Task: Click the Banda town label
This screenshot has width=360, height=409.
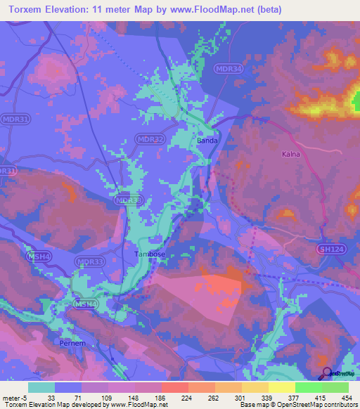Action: point(207,140)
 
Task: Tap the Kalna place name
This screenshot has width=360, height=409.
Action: point(291,154)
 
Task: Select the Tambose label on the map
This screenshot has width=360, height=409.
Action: point(149,254)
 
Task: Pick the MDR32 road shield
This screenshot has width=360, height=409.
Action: point(148,139)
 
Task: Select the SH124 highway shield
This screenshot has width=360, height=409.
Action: point(330,249)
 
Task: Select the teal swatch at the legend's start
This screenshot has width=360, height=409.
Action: point(41,387)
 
